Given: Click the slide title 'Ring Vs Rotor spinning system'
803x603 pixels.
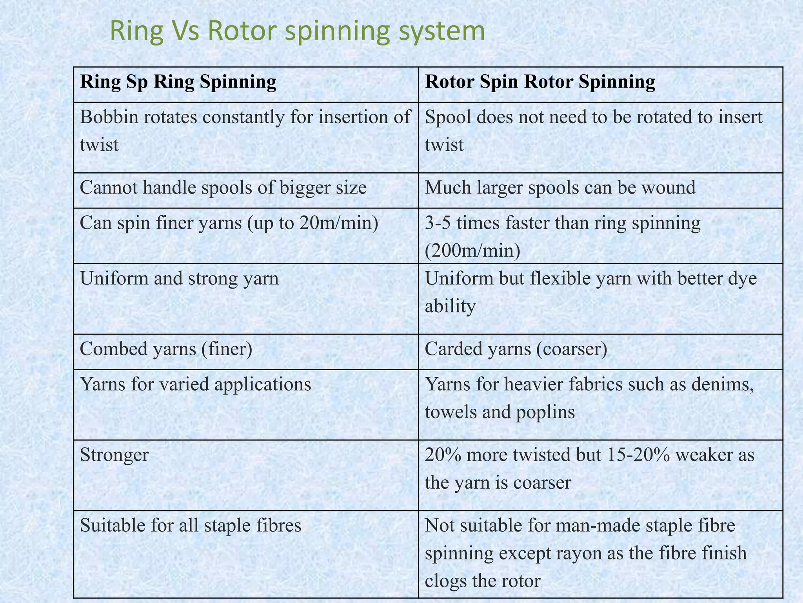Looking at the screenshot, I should (x=297, y=31).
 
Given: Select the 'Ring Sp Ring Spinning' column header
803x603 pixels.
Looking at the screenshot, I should (x=178, y=83).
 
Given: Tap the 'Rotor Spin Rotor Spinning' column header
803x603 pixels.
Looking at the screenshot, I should (x=540, y=83).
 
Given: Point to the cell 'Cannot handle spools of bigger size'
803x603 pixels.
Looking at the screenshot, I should (x=223, y=188).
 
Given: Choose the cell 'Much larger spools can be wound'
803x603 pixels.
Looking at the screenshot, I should (x=560, y=188).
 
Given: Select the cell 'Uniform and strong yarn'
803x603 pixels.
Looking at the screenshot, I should (x=179, y=279).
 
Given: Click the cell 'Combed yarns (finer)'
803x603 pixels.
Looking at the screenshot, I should (x=166, y=349).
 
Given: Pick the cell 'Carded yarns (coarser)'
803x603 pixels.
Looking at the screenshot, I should (x=516, y=349).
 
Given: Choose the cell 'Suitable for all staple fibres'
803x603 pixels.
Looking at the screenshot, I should (x=191, y=526).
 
